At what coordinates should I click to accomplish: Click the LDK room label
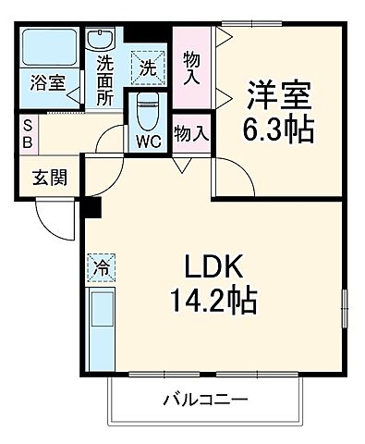218,268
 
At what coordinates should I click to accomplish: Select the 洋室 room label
275,94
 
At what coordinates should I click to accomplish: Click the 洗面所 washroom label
105,81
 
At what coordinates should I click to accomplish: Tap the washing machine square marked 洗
149,67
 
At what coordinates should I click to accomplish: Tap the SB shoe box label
29,134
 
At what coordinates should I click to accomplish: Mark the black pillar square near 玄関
91,208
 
